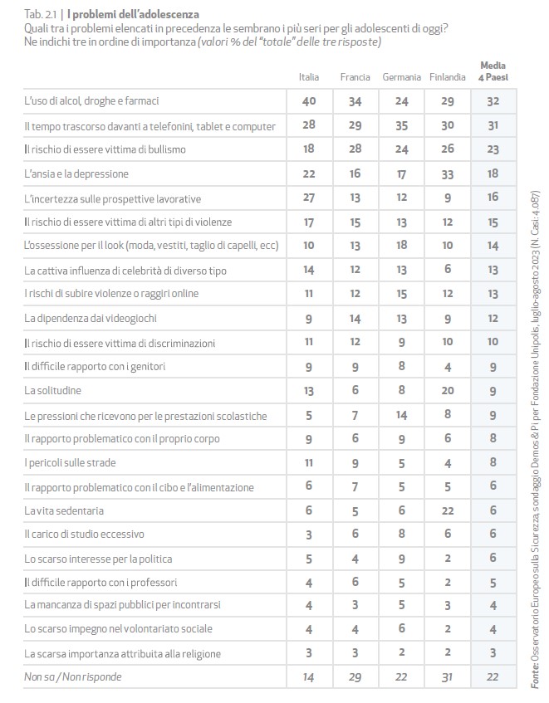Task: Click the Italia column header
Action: click(308, 77)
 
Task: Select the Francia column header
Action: click(355, 77)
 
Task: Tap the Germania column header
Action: click(401, 77)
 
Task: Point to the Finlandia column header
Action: click(448, 77)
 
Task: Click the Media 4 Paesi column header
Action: click(494, 71)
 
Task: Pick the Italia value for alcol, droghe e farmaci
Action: click(308, 101)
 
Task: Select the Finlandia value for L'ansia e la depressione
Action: click(448, 174)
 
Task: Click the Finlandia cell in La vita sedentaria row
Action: click(448, 510)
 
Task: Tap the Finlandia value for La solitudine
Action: click(448, 390)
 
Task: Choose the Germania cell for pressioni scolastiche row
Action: click(401, 414)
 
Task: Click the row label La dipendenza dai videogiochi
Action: click(91, 319)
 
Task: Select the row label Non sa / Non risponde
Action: click(72, 677)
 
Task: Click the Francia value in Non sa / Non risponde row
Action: click(355, 677)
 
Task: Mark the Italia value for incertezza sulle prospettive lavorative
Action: click(308, 198)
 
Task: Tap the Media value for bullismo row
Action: click(494, 149)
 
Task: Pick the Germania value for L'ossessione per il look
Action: click(401, 247)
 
